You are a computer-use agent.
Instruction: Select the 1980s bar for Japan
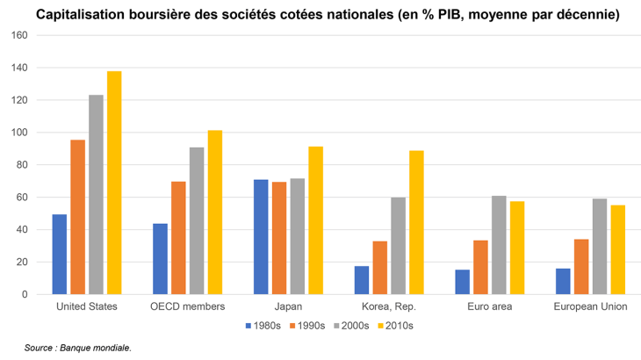click(x=261, y=237)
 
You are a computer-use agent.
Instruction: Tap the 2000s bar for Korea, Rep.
click(x=398, y=246)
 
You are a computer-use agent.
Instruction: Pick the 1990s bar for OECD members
click(x=178, y=238)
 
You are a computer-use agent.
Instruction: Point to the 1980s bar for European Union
click(x=563, y=281)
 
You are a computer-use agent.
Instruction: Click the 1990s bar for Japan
click(x=279, y=238)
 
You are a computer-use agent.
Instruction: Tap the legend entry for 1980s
click(x=263, y=326)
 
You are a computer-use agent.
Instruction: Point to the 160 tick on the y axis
click(x=20, y=36)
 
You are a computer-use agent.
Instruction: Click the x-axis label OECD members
click(x=188, y=306)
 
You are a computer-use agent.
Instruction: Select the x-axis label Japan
click(x=288, y=306)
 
